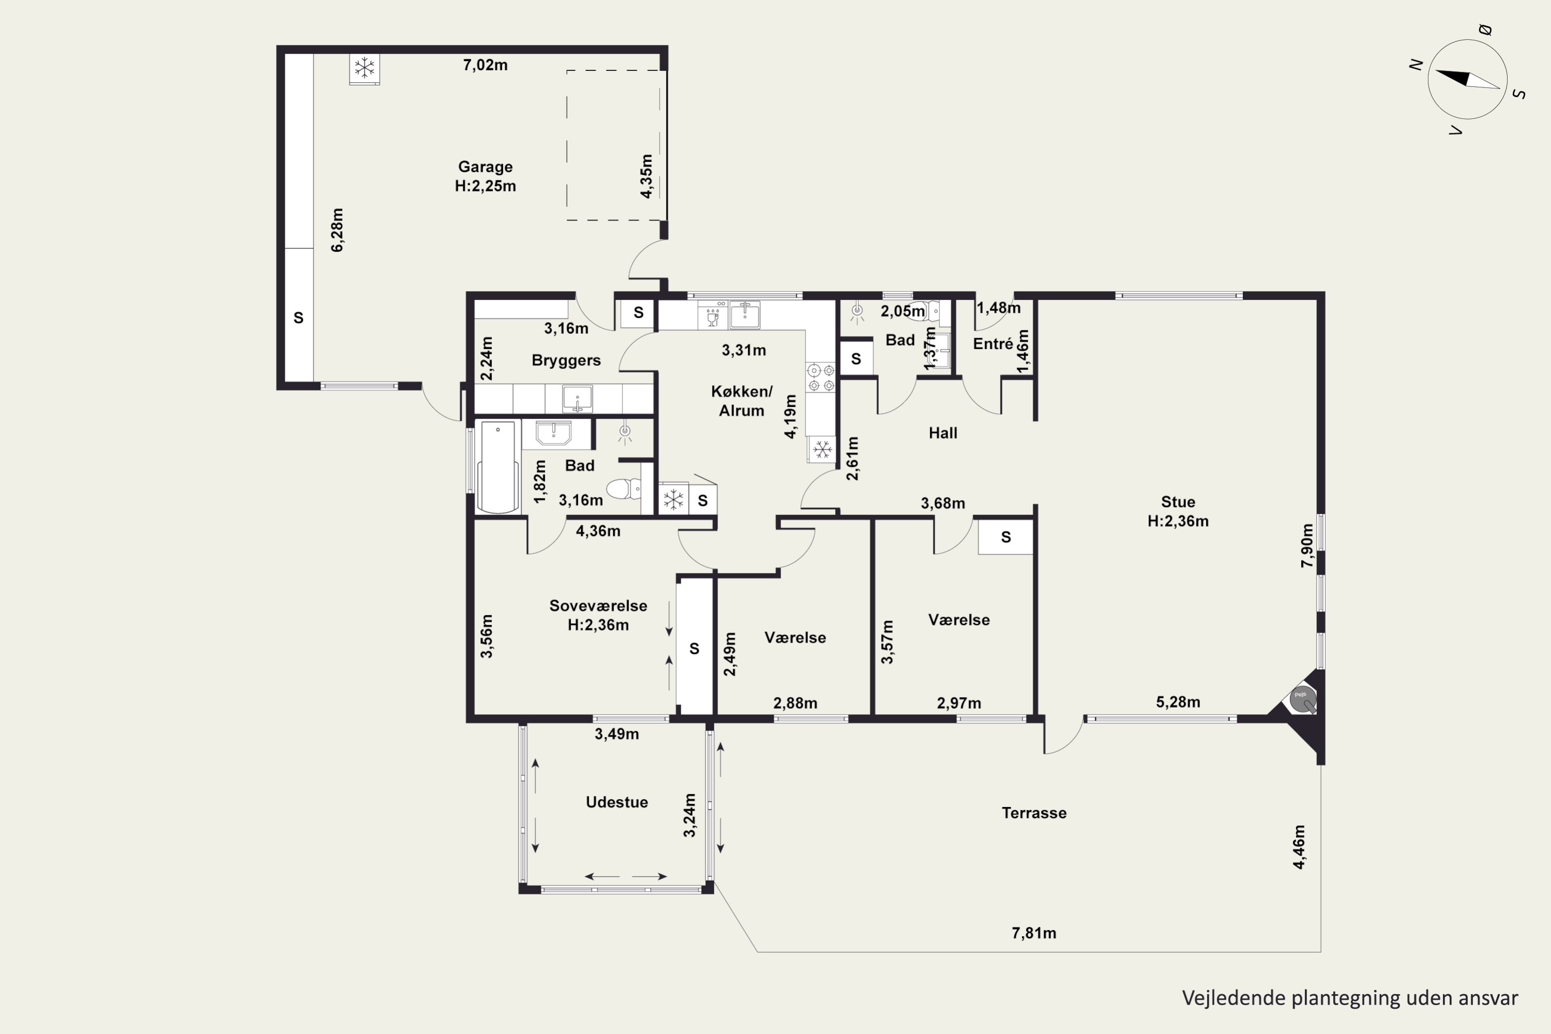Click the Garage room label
click(x=485, y=167)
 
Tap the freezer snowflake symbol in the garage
click(x=364, y=68)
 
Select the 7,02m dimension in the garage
click(x=485, y=65)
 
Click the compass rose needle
click(x=1468, y=79)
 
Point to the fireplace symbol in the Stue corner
click(x=1303, y=699)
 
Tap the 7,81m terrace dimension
click(x=1034, y=933)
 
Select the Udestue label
click(x=617, y=802)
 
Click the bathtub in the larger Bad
click(x=498, y=466)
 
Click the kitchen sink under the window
click(x=744, y=314)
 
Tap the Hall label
click(x=943, y=433)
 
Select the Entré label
click(x=993, y=344)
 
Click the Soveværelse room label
click(x=598, y=606)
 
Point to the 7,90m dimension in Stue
click(x=1307, y=545)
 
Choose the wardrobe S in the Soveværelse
click(x=694, y=649)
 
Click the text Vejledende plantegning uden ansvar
click(x=1350, y=998)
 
